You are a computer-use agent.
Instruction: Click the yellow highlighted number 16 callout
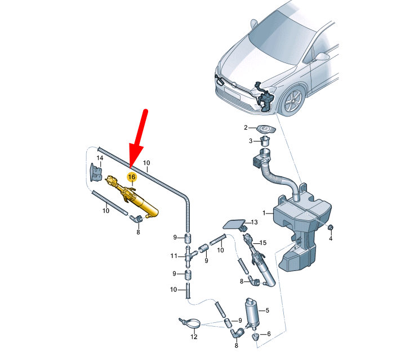[x=132, y=177]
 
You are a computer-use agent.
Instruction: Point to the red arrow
[x=137, y=139]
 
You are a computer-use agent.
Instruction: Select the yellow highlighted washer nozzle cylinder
[x=132, y=198]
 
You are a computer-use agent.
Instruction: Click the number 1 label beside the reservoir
[x=264, y=213]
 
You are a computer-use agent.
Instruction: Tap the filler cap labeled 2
[x=265, y=129]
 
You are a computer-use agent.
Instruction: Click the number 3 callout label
[x=251, y=141]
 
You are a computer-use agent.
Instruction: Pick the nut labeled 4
[x=330, y=228]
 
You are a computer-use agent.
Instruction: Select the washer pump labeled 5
[x=252, y=313]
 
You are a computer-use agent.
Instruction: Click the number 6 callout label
[x=269, y=334]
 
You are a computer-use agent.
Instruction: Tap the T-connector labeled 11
[x=189, y=257]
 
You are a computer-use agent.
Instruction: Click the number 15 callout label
[x=263, y=243]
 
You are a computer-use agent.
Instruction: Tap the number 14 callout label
[x=100, y=158]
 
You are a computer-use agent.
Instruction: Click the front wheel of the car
[x=293, y=100]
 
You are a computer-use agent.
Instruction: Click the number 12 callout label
[x=194, y=337]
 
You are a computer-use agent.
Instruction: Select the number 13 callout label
[x=254, y=222]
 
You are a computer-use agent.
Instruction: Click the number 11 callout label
[x=173, y=256]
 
